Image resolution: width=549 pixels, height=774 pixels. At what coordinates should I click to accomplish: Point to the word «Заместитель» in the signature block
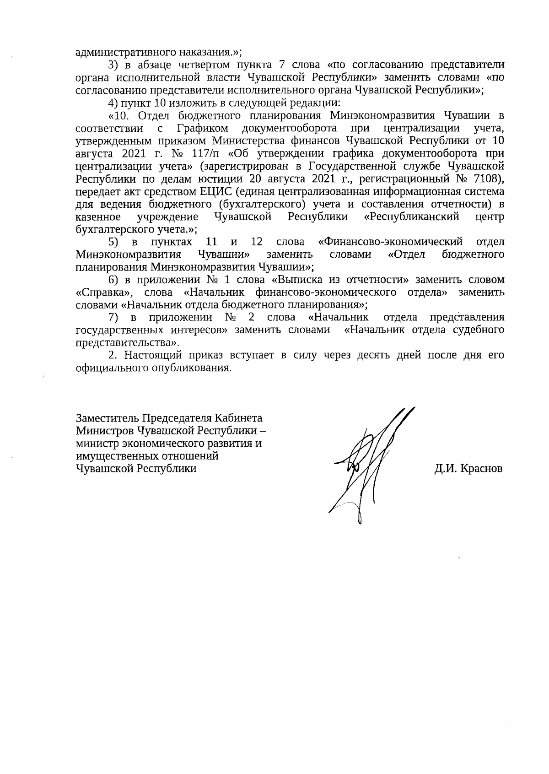tap(108, 418)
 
